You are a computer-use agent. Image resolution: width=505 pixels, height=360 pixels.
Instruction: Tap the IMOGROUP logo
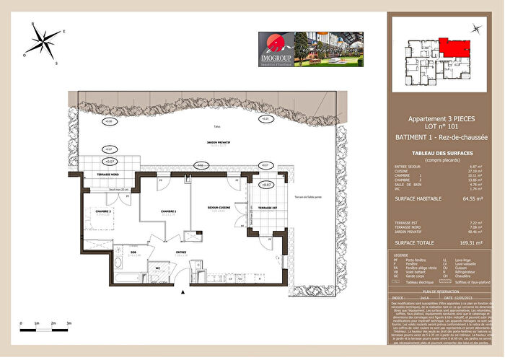(x=276, y=50)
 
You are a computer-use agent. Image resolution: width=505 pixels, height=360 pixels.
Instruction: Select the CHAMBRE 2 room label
(x=99, y=211)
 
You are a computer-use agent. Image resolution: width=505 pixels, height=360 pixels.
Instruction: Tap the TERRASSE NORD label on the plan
(x=101, y=175)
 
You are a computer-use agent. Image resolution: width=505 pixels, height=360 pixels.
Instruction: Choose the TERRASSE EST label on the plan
(x=268, y=208)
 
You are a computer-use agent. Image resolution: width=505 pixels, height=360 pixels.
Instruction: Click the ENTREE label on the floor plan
(x=182, y=253)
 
